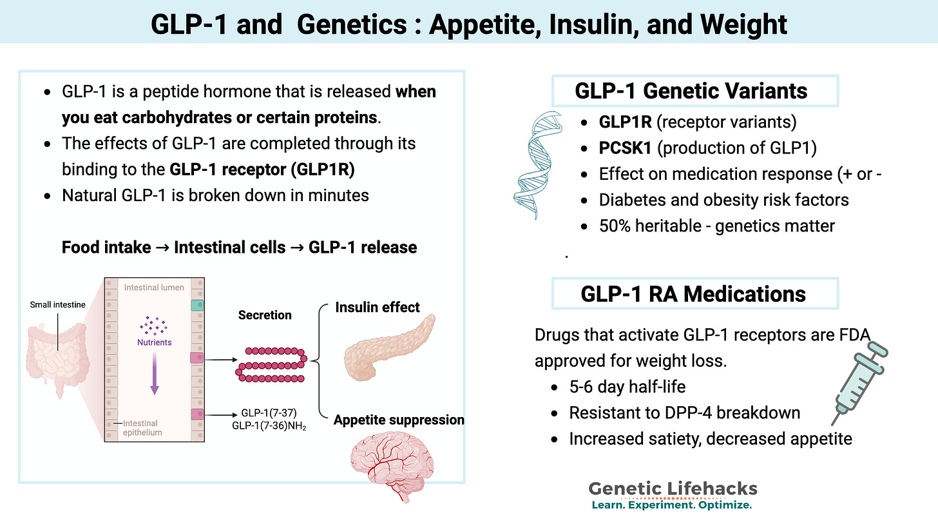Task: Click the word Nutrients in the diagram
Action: point(154,342)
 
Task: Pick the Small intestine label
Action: point(57,305)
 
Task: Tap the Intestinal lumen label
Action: point(154,287)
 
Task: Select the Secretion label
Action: point(265,315)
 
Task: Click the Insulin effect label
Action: point(378,308)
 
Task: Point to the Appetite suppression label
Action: point(399,420)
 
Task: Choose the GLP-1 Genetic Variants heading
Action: point(691,91)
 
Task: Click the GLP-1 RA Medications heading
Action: point(693,294)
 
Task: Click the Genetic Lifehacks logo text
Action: point(673,488)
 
